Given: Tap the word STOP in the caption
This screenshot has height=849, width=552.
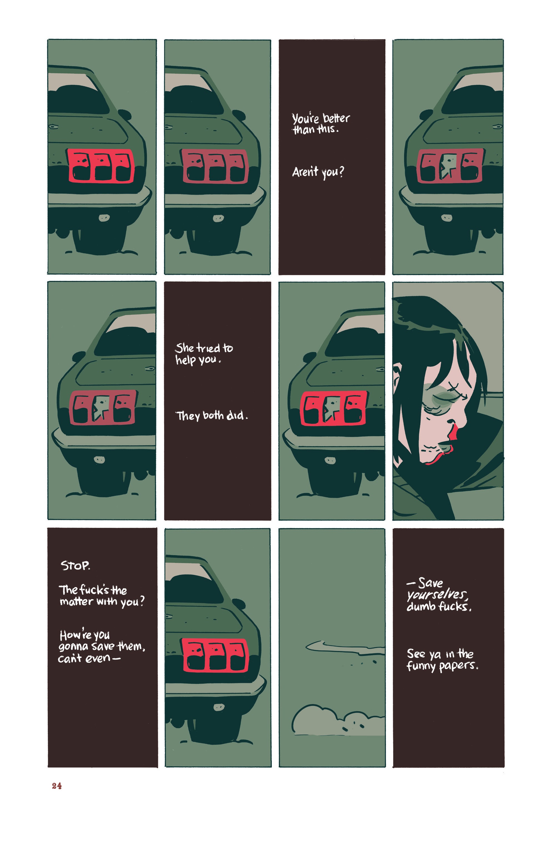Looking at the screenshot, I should (x=75, y=566).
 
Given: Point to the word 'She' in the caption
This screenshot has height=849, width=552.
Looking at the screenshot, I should (x=184, y=348).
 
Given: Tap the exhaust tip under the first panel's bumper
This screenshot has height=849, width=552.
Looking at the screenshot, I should (x=104, y=217).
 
